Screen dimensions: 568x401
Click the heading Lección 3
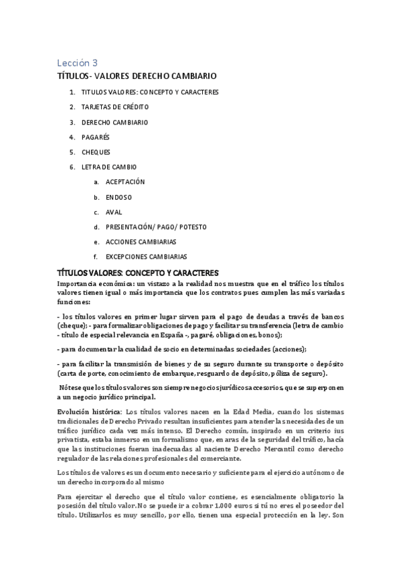point(76,63)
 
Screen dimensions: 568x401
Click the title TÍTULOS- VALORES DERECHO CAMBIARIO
point(137,76)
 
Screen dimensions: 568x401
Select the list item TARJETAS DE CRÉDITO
point(114,106)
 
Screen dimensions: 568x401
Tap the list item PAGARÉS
point(95,137)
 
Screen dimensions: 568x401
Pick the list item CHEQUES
point(96,151)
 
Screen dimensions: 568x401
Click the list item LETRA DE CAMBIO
point(108,167)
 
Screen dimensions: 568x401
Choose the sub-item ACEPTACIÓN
point(125,182)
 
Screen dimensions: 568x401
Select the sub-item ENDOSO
point(118,197)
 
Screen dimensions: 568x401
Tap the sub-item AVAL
point(114,212)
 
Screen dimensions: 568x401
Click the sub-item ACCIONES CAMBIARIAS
point(141,242)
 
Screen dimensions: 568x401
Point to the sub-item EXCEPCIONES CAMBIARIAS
point(147,257)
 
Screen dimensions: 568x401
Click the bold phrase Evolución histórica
point(89,411)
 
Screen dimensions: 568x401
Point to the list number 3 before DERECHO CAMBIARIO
point(71,122)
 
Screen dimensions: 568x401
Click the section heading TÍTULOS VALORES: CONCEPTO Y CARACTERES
point(139,273)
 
